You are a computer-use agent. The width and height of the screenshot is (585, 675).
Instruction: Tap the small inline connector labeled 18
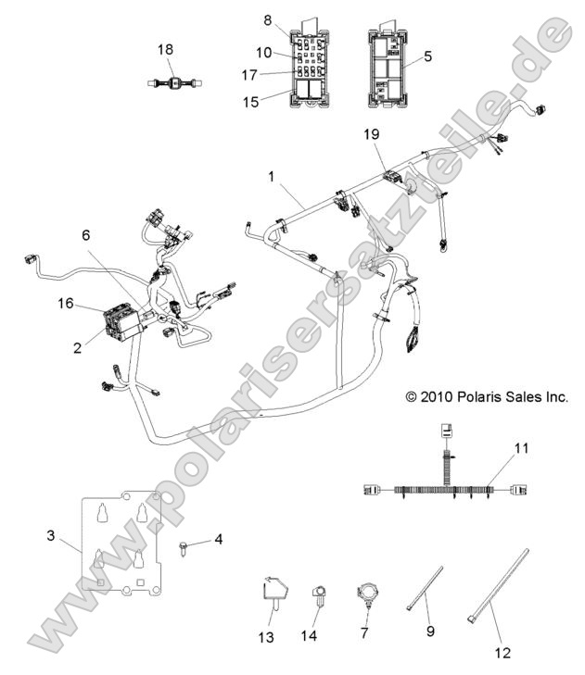point(171,82)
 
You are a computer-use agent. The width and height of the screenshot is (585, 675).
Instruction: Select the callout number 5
point(427,56)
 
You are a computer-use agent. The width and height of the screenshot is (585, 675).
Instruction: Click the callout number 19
point(371,134)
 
